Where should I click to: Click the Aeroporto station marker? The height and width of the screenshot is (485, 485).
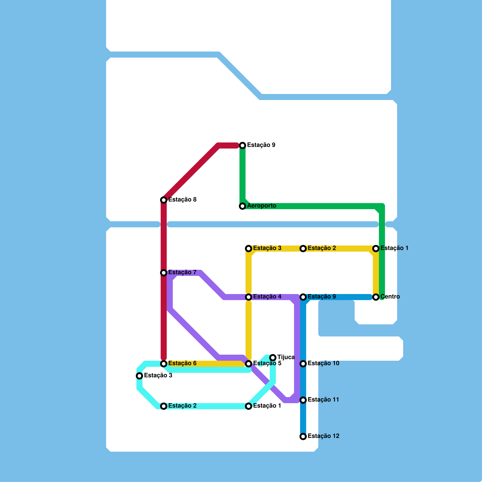242,206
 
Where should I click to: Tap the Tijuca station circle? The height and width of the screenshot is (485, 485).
273,358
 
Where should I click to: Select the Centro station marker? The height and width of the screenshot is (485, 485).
376,297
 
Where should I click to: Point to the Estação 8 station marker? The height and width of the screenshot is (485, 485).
164,200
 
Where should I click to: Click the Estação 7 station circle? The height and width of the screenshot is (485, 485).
164,273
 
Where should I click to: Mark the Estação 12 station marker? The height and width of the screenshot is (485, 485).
303,436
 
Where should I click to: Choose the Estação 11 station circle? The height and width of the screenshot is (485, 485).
303,400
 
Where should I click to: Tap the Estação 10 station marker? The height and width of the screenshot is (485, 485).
303,364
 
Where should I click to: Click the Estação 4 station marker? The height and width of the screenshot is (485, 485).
249,297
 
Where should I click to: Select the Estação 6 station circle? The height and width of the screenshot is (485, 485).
164,364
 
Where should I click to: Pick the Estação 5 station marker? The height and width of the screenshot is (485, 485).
249,364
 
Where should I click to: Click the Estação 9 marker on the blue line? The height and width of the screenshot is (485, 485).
303,297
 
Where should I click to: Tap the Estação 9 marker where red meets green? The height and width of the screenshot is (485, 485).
242,145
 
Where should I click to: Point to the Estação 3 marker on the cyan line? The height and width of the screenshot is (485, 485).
139,376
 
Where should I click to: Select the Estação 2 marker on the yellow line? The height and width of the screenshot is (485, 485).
303,249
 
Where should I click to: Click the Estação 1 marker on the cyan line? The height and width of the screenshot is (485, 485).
249,406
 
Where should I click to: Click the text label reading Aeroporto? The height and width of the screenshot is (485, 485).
262,206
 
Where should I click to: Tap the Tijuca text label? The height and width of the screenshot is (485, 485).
286,357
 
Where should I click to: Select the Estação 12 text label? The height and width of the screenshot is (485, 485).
323,436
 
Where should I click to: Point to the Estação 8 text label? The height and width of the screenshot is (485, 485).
182,200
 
